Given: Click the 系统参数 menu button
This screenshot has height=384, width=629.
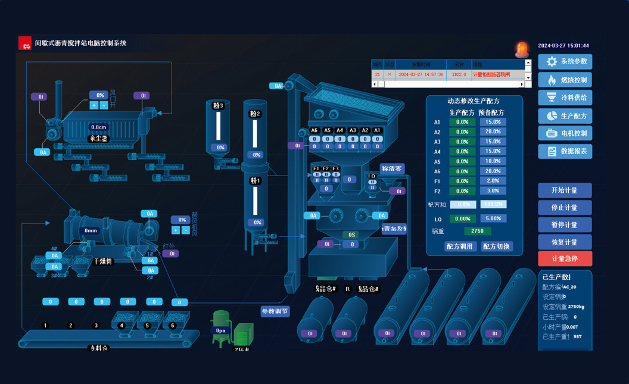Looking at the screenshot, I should click(565, 61).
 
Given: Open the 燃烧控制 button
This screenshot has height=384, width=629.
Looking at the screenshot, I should click(565, 80).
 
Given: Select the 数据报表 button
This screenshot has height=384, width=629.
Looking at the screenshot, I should click(565, 151).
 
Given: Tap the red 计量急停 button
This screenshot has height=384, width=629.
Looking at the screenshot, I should click(565, 259).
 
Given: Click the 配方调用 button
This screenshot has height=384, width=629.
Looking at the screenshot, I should click(459, 246).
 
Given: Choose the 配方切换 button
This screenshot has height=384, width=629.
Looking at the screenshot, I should click(496, 246).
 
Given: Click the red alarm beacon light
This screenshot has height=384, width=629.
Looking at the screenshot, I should click(522, 49).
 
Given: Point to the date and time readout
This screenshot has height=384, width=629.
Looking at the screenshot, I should click(563, 46).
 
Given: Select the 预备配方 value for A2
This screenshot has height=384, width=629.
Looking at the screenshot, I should click(493, 132).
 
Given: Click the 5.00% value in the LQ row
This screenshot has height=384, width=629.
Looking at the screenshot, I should click(493, 218).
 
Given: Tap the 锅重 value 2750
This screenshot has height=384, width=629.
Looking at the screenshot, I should click(477, 231).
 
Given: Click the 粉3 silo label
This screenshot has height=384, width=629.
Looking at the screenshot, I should click(219, 106).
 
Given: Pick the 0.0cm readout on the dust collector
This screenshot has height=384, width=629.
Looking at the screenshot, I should click(98, 127).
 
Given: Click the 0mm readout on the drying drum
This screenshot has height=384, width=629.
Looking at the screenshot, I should click(91, 231).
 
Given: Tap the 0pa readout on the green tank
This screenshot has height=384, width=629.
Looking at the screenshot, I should click(221, 331).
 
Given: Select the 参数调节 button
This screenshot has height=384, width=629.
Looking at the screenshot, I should click(275, 311).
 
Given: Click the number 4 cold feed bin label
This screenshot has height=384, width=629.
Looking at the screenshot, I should click(122, 326).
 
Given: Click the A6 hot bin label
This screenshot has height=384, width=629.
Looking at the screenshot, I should click(314, 131).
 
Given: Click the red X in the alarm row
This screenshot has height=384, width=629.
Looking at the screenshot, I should click(390, 75).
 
